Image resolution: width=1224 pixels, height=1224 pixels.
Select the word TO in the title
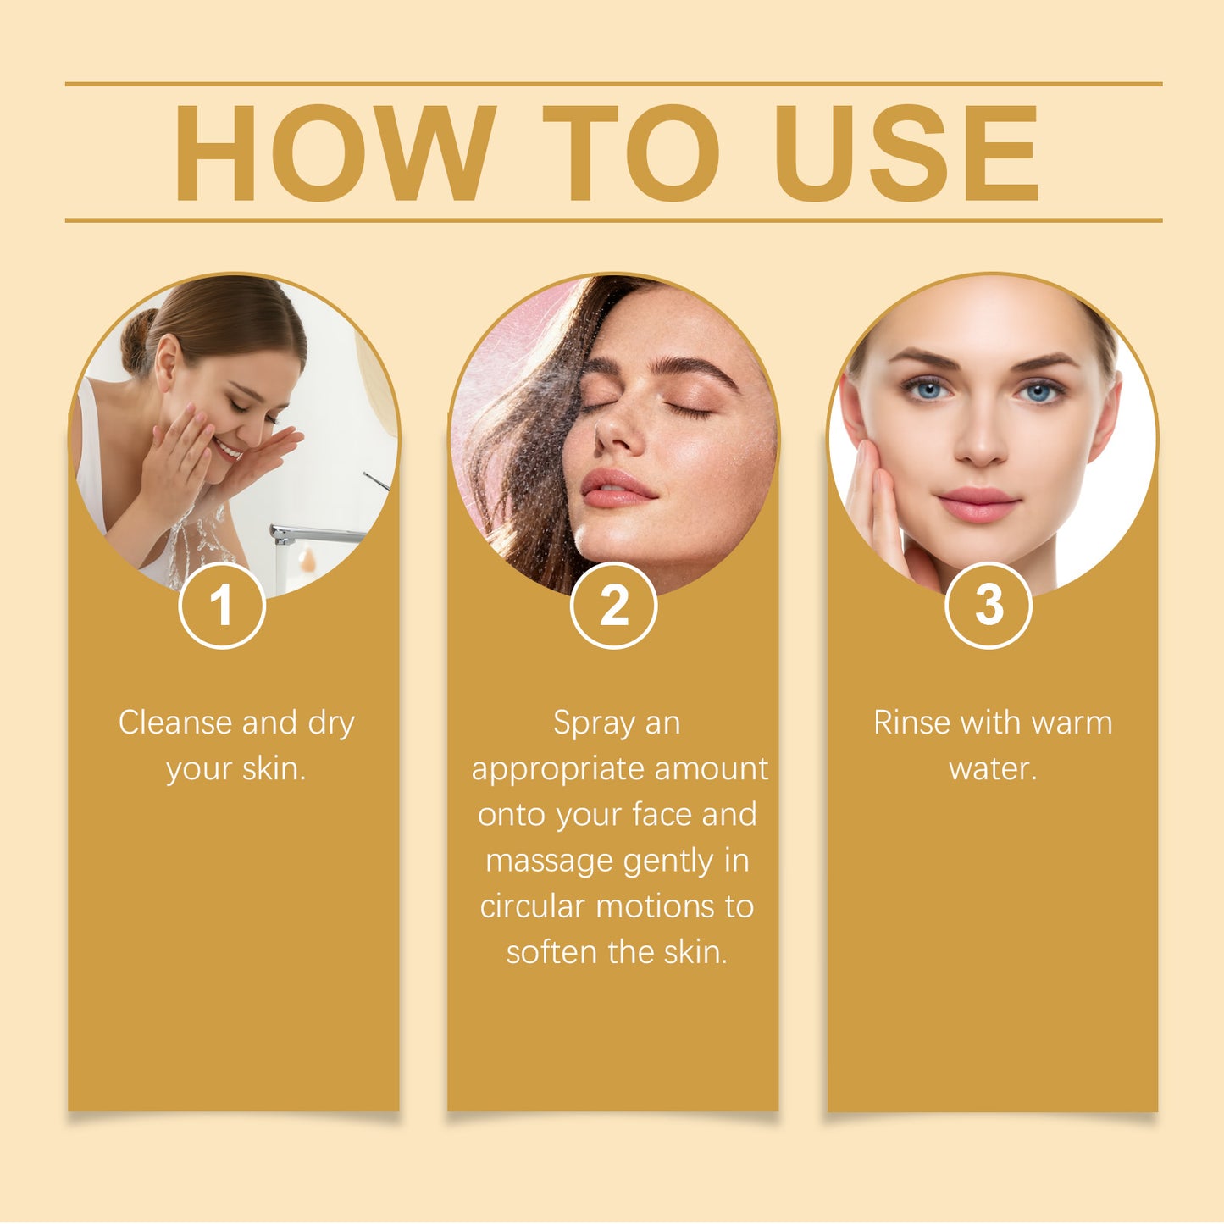pos(631,153)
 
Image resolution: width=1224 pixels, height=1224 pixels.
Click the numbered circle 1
pos(222,606)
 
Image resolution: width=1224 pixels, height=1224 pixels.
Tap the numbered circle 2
pos(613,606)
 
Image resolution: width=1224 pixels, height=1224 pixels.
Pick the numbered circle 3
pos(988,606)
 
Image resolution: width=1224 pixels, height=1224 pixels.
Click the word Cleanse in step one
pos(174,723)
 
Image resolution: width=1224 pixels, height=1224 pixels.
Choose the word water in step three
pos(992,769)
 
